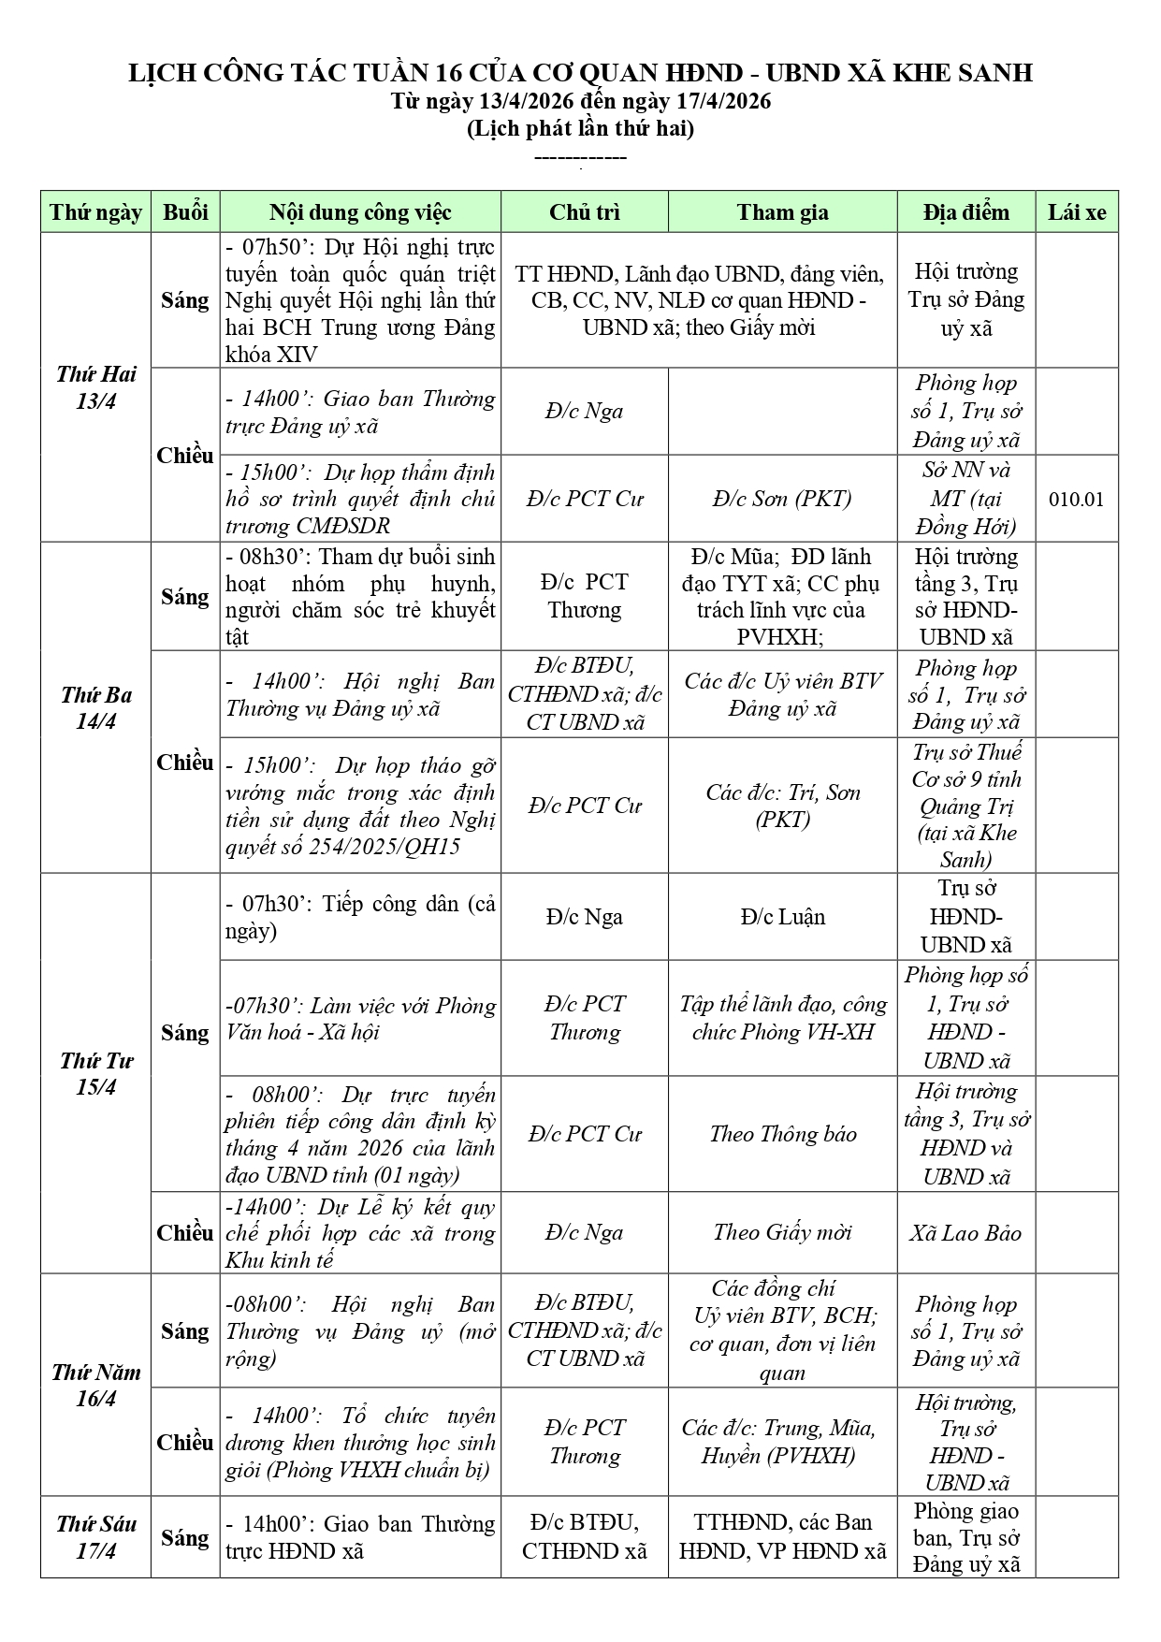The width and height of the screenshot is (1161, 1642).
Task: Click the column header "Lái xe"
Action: pyautogui.click(x=1076, y=212)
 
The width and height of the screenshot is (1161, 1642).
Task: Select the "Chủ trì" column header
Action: pyautogui.click(x=584, y=212)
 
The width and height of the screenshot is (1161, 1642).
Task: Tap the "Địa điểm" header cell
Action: pyautogui.click(x=965, y=212)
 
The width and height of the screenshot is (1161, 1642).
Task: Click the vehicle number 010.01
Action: pyautogui.click(x=1076, y=499)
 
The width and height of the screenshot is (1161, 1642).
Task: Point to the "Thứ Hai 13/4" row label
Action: pyautogui.click(x=95, y=387)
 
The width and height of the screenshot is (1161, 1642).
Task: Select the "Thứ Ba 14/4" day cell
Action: pyautogui.click(x=95, y=707)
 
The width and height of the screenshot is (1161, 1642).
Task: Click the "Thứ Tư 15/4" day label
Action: pyautogui.click(x=95, y=1073)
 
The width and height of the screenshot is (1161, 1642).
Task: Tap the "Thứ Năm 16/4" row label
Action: pyautogui.click(x=95, y=1385)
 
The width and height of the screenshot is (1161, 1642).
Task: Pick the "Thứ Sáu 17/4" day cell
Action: pyautogui.click(x=95, y=1536)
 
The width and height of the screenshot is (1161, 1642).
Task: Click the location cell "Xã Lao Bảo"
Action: pyautogui.click(x=965, y=1232)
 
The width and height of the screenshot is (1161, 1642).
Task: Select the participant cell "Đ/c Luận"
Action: pyautogui.click(x=782, y=917)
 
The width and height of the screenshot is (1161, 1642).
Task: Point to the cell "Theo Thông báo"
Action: pyautogui.click(x=782, y=1134)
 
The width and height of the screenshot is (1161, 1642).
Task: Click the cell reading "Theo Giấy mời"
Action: pyautogui.click(x=782, y=1232)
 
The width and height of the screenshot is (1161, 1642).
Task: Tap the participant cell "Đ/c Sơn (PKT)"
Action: pyautogui.click(x=782, y=499)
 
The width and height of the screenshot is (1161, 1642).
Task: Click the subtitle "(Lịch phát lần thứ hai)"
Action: pyautogui.click(x=580, y=128)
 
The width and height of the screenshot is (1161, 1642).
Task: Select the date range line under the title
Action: pyautogui.click(x=580, y=101)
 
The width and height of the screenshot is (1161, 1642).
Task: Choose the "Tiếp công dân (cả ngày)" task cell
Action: pyautogui.click(x=360, y=917)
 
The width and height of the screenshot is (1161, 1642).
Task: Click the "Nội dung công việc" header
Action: pyautogui.click(x=360, y=212)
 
